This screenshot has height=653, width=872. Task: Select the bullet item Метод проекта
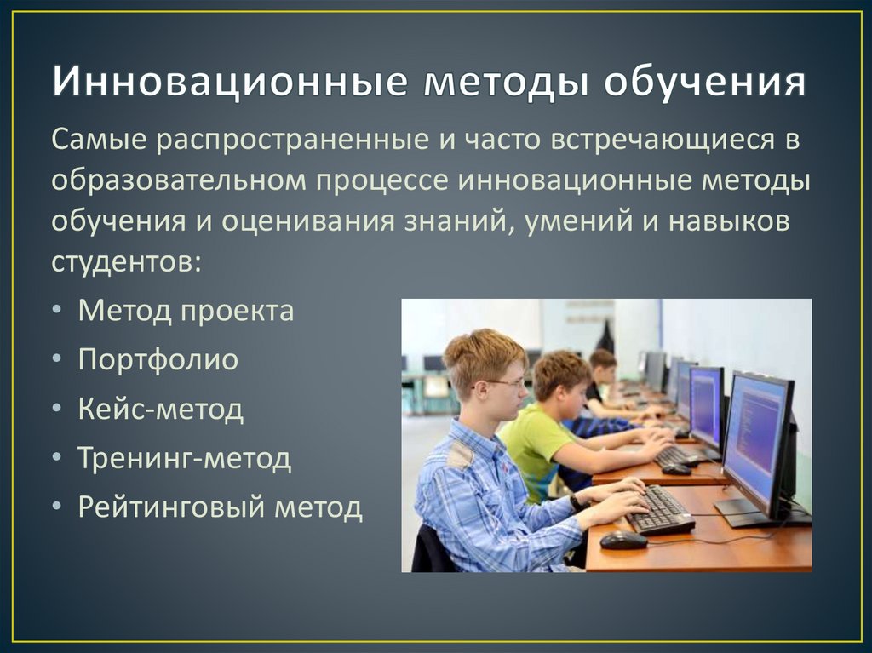(x=186, y=311)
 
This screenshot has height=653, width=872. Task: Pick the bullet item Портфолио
(x=158, y=360)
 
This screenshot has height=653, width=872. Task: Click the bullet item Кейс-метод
(x=161, y=410)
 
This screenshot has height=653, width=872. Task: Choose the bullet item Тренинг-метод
(x=185, y=459)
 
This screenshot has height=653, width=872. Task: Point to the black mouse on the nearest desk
(x=623, y=540)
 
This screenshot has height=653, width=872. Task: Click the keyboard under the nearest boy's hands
(x=661, y=511)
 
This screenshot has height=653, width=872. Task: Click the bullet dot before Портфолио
(x=55, y=361)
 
